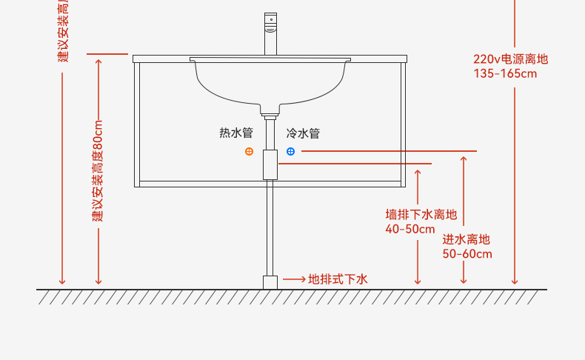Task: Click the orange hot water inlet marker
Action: [249, 151]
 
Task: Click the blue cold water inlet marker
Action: [290, 151]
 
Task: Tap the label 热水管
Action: [236, 133]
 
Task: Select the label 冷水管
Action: [303, 133]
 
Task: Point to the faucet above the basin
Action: [270, 33]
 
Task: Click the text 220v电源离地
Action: [511, 59]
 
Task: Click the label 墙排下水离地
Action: [421, 215]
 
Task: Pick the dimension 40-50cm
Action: [410, 228]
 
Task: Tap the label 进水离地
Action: [467, 239]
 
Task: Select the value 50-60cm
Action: [467, 253]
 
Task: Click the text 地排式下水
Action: [338, 279]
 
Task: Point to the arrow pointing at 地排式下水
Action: [295, 279]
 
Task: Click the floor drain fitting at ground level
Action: [270, 282]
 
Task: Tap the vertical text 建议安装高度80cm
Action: [98, 170]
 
